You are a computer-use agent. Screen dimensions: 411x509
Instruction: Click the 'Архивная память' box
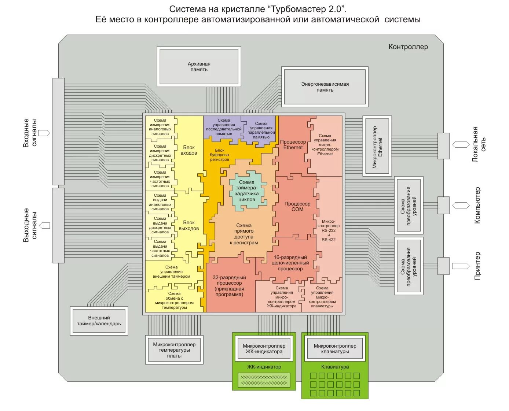[x=199, y=67]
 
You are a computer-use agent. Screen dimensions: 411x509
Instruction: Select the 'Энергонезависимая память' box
[x=325, y=87]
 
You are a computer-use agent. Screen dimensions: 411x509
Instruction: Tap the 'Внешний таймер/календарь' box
[x=99, y=321]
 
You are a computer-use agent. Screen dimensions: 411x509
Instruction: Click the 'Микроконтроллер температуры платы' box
[x=174, y=350]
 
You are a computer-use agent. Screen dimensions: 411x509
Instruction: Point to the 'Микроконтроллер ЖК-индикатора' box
[x=264, y=349]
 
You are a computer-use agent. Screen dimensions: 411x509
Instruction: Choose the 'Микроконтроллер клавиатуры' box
[x=335, y=349]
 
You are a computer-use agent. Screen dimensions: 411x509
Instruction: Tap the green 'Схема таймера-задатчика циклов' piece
[x=246, y=191]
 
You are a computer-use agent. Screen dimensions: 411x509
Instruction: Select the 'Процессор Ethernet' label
[x=293, y=145]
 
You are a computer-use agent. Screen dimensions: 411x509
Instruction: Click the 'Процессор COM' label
[x=297, y=207]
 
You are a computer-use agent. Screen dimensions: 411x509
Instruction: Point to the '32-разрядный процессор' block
[x=229, y=286]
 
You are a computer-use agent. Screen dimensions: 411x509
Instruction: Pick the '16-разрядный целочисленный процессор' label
[x=290, y=263]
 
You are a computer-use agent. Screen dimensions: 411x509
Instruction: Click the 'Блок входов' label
[x=189, y=150]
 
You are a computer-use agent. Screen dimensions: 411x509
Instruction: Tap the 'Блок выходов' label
[x=189, y=225]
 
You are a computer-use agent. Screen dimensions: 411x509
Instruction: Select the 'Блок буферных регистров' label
[x=220, y=155]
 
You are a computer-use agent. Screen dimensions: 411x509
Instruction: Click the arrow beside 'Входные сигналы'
[x=44, y=133]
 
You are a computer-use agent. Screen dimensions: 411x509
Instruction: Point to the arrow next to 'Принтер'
[x=460, y=266]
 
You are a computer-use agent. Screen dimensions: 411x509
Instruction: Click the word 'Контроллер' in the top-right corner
[x=408, y=47]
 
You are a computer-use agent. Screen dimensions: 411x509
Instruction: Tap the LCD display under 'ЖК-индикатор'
[x=264, y=380]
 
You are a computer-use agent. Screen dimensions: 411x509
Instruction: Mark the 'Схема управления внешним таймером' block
[x=171, y=272]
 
